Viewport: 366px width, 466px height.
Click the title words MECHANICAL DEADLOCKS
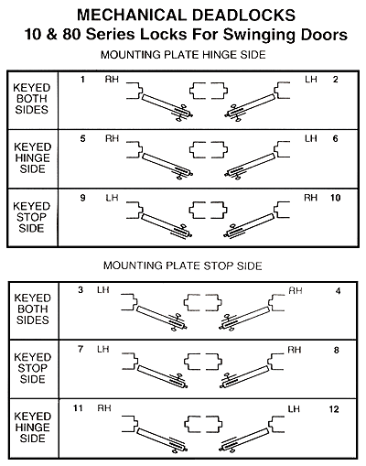[186, 15]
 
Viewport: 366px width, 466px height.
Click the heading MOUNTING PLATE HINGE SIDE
[183, 55]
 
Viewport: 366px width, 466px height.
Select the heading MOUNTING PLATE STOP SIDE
[183, 266]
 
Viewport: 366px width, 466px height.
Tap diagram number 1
[82, 80]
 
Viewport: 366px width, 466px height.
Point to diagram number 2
[335, 80]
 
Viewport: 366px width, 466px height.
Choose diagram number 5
[82, 139]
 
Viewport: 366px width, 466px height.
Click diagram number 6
[335, 139]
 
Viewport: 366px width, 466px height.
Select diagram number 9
[82, 198]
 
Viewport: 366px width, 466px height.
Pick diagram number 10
[335, 198]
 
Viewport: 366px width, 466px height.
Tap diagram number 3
[81, 290]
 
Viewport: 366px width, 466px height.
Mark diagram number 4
[338, 291]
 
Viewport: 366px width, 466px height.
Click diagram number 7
[81, 349]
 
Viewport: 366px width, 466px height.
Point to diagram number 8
[337, 350]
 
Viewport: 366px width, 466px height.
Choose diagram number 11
[78, 408]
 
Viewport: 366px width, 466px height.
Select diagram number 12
[334, 409]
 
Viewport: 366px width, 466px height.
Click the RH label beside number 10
[310, 198]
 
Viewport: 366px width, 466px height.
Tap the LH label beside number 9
[112, 198]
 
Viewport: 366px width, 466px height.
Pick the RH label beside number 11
[104, 408]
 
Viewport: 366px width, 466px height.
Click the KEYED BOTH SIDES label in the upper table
[32, 99]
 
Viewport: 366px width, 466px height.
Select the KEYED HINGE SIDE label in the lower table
[32, 428]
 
